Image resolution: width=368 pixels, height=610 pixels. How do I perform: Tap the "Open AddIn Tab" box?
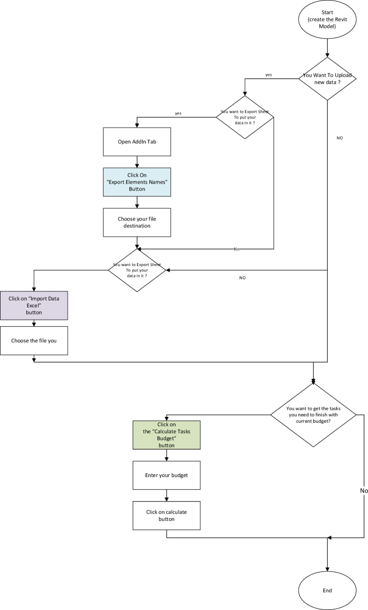pos(137,142)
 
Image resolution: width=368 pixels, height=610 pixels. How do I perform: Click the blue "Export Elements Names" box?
pos(137,182)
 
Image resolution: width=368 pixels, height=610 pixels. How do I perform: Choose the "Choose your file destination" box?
pos(137,222)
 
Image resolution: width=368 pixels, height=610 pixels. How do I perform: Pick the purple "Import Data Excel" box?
pos(34,305)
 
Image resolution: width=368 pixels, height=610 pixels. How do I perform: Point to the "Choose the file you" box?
pos(34,340)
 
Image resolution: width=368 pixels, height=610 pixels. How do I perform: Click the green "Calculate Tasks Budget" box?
pos(167,435)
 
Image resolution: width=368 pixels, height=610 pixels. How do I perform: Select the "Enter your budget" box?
pos(167,475)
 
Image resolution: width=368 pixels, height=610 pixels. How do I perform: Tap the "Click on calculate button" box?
pos(167,516)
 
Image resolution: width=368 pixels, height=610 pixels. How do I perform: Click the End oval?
pos(327,590)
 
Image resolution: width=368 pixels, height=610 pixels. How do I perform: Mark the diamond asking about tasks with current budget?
pos(313,415)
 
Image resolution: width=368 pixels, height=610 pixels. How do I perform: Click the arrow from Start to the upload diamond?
pos(327,49)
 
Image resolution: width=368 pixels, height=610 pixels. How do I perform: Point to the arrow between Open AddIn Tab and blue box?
pos(138,161)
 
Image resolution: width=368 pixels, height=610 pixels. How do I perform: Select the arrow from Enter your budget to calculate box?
pos(167,495)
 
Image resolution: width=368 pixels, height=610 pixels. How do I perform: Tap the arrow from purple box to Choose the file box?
pos(34,322)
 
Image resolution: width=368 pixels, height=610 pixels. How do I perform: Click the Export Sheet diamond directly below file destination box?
pos(138,270)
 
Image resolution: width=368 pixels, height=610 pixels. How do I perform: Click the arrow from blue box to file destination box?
pos(138,202)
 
